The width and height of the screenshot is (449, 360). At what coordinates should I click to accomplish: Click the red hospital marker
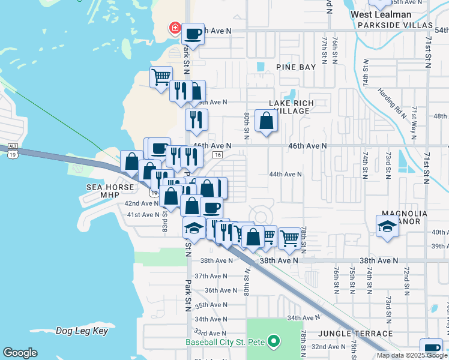pos(175,28)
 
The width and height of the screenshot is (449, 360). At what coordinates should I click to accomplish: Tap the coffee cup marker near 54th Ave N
pos(193,34)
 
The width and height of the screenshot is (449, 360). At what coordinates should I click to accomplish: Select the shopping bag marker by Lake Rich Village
pos(266,121)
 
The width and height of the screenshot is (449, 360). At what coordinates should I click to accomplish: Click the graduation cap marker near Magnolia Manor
pos(387,227)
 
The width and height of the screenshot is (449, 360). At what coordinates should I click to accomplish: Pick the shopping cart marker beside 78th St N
pos(289,238)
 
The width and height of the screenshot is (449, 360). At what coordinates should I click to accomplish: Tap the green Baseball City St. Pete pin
pos(274,342)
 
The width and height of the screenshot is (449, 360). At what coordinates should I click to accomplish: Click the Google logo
pos(20,353)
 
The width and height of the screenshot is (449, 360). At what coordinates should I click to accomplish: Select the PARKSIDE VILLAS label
pos(395,25)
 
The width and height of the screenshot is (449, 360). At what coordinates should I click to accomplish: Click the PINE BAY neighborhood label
pos(295,67)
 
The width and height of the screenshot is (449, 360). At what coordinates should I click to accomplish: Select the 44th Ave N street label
pos(285,174)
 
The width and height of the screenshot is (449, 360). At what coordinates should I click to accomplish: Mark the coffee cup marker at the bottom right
pos(431,349)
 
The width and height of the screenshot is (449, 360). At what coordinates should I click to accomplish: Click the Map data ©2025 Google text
pos(412,355)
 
